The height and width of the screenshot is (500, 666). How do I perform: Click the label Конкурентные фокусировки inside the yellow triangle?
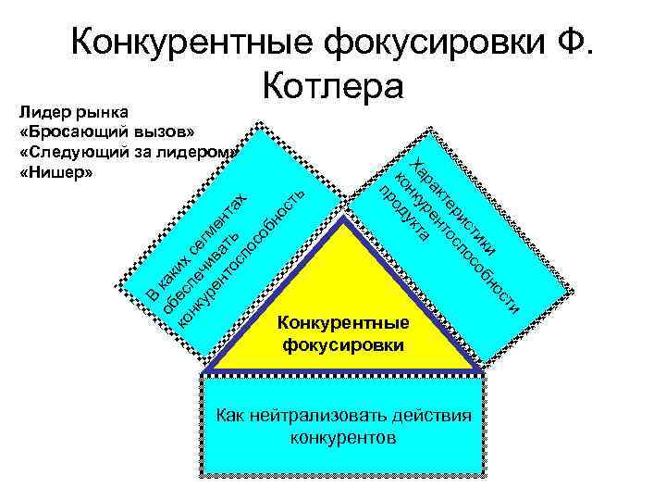(x=343, y=333)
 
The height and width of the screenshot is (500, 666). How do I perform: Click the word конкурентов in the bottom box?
(x=343, y=436)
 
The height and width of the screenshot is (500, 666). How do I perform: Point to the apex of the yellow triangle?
(x=343, y=223)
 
